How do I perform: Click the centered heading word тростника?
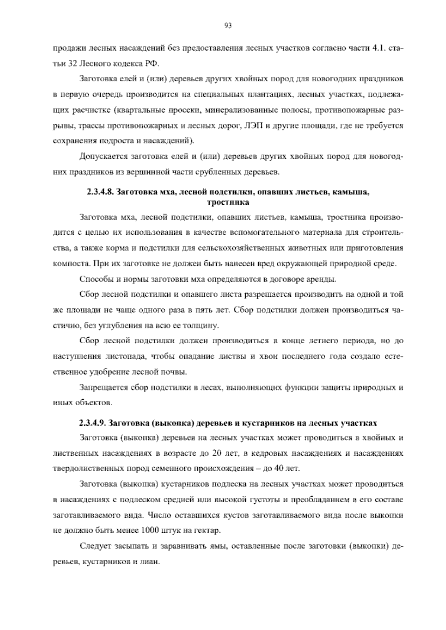[228, 202]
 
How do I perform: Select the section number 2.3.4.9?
[93, 423]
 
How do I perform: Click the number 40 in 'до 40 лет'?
[279, 468]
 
